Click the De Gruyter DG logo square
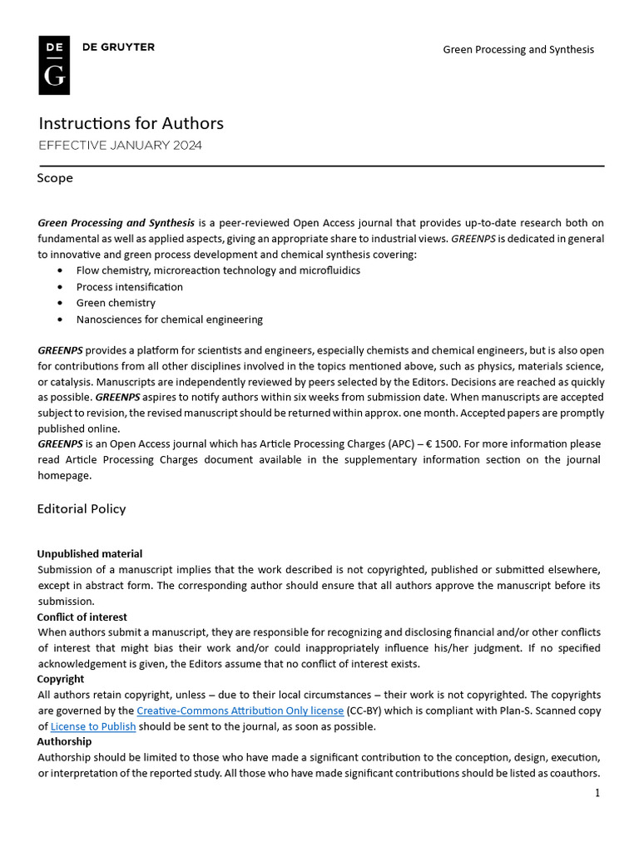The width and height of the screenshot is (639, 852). pyautogui.click(x=54, y=65)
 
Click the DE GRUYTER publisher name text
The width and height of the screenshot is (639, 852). pyautogui.click(x=118, y=47)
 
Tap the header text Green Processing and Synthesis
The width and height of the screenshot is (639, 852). pyautogui.click(x=518, y=50)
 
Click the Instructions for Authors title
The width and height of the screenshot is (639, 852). pyautogui.click(x=131, y=123)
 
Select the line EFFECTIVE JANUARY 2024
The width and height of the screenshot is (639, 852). pyautogui.click(x=120, y=146)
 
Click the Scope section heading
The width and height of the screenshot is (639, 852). pyautogui.click(x=55, y=178)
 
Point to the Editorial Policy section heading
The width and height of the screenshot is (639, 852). pyautogui.click(x=82, y=508)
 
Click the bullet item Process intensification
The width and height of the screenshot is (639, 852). pyautogui.click(x=129, y=287)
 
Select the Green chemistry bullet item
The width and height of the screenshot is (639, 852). pyautogui.click(x=116, y=303)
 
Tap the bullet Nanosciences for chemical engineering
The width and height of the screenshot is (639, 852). pyautogui.click(x=169, y=319)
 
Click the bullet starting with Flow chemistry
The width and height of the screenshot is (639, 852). pyautogui.click(x=218, y=270)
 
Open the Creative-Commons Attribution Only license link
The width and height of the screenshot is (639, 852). pyautogui.click(x=240, y=711)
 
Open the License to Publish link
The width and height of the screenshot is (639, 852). pyautogui.click(x=92, y=726)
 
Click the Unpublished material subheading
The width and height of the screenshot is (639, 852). pyautogui.click(x=90, y=553)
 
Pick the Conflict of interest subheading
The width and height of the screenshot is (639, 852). pyautogui.click(x=82, y=617)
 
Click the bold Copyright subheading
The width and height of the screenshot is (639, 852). pyautogui.click(x=61, y=679)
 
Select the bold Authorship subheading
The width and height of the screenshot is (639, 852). pyautogui.click(x=64, y=741)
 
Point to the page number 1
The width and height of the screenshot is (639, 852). pyautogui.click(x=597, y=793)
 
